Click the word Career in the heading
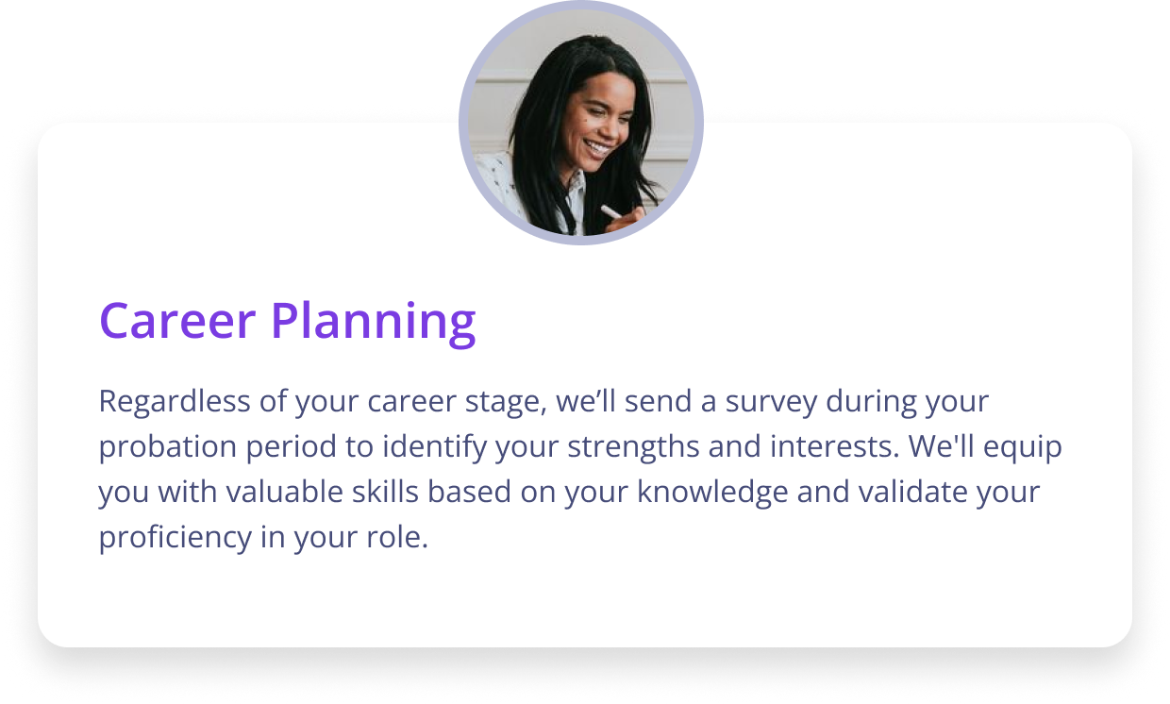(x=177, y=320)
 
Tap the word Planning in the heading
(x=374, y=325)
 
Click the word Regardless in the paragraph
(x=175, y=402)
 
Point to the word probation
(x=168, y=447)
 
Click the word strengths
(x=633, y=447)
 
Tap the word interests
(x=835, y=447)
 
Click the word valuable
(x=284, y=492)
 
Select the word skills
(x=386, y=492)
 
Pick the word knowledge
(x=712, y=493)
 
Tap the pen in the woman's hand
(x=611, y=212)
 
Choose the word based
(x=469, y=492)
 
